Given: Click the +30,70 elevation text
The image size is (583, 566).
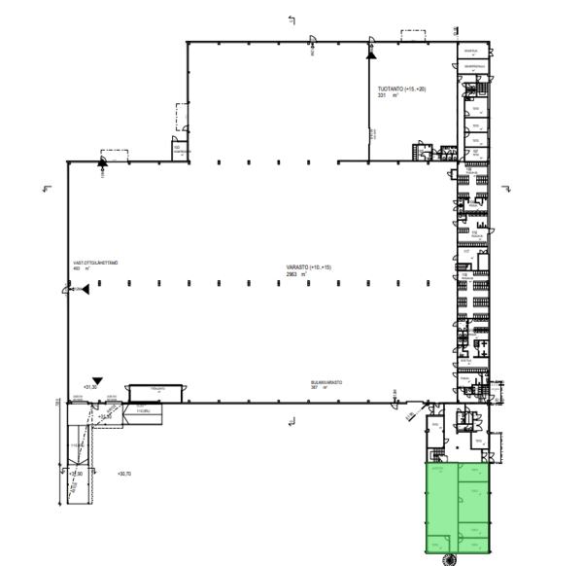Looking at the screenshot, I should pyautogui.click(x=122, y=474).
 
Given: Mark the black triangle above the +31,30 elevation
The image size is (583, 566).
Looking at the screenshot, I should pyautogui.click(x=96, y=379).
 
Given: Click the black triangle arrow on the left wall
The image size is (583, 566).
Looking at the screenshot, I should pyautogui.click(x=85, y=289).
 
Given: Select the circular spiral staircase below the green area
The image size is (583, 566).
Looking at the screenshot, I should pyautogui.click(x=450, y=557).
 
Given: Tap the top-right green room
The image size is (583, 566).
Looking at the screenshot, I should pyautogui.click(x=474, y=473).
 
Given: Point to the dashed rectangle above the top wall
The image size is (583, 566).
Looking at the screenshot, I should pyautogui.click(x=415, y=34).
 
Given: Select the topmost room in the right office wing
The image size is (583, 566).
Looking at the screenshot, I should pyautogui.click(x=472, y=52).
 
